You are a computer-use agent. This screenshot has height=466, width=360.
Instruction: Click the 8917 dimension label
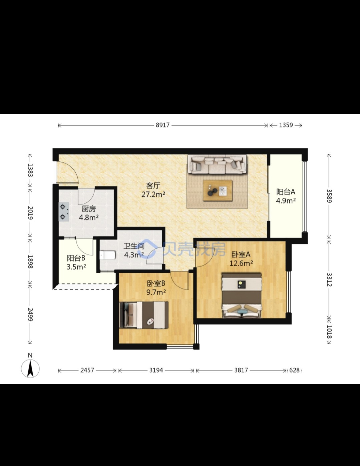pos(162,125)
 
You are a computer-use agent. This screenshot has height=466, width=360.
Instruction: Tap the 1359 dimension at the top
pos(286,125)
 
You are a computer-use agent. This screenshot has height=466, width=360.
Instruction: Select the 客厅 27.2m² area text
pos(153,190)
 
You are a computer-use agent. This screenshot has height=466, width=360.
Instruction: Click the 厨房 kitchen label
pos(89,209)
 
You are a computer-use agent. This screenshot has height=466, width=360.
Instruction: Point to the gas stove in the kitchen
pos(64,212)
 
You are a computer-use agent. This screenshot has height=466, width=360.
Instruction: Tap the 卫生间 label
pos(134,246)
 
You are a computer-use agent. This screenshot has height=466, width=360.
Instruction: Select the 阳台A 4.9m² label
pos(286,196)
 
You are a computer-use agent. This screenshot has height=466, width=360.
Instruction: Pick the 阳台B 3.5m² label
pos(76,262)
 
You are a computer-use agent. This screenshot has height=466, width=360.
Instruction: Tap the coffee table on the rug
pos(218,191)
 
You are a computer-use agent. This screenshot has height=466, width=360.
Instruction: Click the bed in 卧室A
pos(242,295)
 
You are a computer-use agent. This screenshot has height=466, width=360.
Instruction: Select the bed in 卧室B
pos(144,315)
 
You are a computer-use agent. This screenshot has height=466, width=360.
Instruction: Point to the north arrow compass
pos(30,368)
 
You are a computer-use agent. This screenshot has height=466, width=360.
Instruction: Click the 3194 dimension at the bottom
pos(156,370)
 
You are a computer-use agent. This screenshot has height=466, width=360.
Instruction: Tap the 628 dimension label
pos(294,370)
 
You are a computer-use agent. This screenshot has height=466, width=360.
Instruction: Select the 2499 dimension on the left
pos(30,315)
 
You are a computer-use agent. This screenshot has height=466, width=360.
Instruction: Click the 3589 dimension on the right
pos(329,196)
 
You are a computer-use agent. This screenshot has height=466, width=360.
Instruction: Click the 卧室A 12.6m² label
pos(241,259)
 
